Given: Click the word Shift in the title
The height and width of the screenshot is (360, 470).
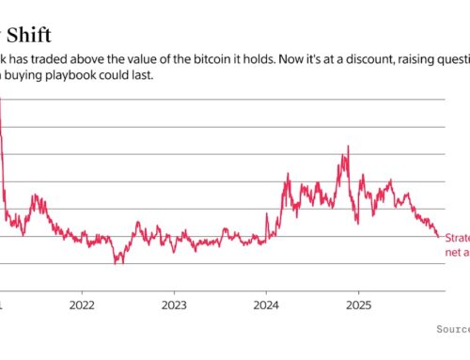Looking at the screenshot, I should point(27,13).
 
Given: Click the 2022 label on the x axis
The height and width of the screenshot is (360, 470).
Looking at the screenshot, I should point(82,305).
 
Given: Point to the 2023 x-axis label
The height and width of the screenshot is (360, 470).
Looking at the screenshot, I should point(174,305).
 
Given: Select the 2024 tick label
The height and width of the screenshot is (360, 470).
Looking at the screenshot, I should point(266,305).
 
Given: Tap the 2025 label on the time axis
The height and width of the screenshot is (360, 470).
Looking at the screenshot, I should point(358,305).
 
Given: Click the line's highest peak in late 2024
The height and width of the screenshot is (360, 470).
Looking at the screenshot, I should point(349,147).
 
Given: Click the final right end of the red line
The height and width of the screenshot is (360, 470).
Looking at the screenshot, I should point(438,236).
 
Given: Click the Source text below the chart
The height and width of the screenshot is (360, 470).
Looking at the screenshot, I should point(454,330).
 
